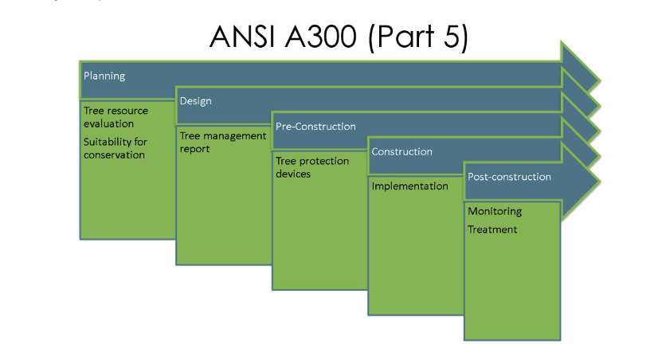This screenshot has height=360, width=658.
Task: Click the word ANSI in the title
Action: (241, 37)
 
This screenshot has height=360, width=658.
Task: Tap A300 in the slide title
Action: (320, 37)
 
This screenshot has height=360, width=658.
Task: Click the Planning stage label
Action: (104, 76)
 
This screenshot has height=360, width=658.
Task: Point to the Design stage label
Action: (195, 101)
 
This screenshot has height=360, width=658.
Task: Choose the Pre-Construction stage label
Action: (315, 127)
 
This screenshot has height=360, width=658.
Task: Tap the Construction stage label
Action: (401, 151)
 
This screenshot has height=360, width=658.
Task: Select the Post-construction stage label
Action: (510, 177)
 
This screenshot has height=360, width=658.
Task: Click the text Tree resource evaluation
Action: (116, 117)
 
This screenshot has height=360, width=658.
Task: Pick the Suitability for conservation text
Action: (116, 148)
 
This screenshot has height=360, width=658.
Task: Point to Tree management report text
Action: (223, 143)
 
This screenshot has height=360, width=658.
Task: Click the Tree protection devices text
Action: (312, 167)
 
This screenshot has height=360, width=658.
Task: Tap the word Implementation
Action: (409, 186)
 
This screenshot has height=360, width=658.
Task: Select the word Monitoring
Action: (495, 211)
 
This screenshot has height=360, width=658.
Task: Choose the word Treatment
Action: (492, 229)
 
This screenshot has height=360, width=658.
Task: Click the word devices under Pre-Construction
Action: (293, 174)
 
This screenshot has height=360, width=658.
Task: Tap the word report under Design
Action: (194, 149)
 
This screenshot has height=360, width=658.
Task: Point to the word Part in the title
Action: (405, 37)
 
